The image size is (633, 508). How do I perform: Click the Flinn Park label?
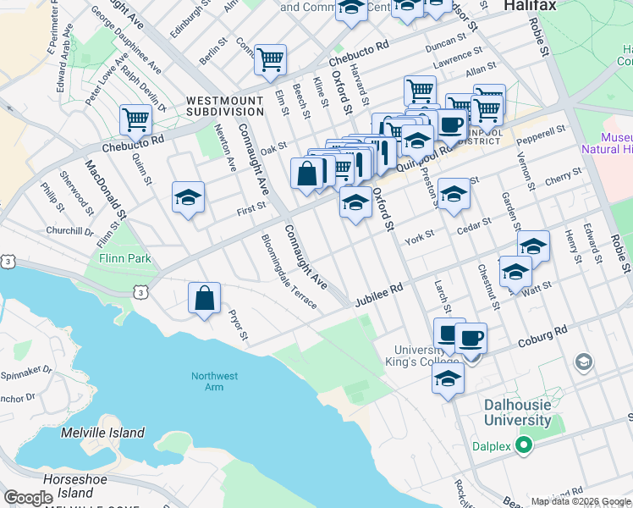(124, 257)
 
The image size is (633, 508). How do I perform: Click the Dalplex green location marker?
(524, 443)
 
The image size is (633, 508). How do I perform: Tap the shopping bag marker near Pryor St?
(204, 299)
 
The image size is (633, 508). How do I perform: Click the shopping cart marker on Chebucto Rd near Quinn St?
(135, 120)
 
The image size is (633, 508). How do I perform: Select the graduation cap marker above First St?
(188, 199)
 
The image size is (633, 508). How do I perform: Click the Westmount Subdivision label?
(225, 106)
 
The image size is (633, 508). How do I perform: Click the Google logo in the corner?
(28, 499)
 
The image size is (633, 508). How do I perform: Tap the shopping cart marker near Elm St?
(270, 60)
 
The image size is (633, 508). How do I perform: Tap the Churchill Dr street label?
(69, 231)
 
